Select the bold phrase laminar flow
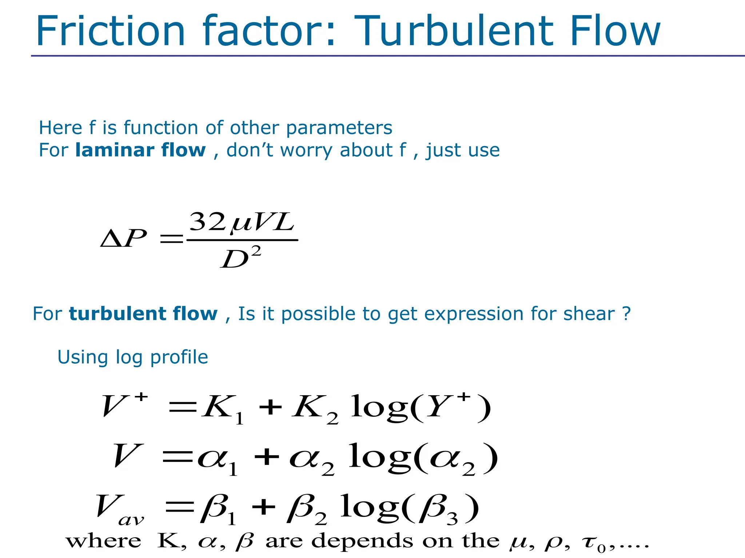click(x=140, y=150)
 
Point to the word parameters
click(x=339, y=128)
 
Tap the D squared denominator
click(x=240, y=257)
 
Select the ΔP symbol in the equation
click(x=124, y=238)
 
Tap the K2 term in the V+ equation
click(x=315, y=408)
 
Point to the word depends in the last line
click(x=362, y=541)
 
